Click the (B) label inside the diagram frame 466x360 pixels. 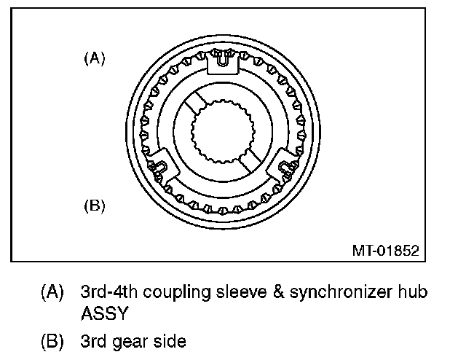pyautogui.click(x=95, y=206)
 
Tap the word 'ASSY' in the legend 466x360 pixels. pyautogui.click(x=105, y=315)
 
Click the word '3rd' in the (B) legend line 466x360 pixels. pyautogui.click(x=95, y=340)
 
